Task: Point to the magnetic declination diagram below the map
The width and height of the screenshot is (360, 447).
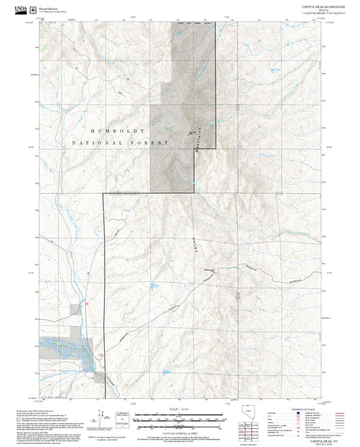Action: [122, 417]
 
